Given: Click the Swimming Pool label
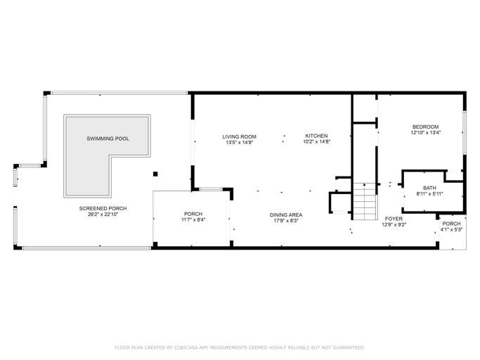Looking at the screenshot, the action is (x=108, y=139).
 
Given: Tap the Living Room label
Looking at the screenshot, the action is (x=239, y=136).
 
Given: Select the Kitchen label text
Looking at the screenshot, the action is (x=316, y=136).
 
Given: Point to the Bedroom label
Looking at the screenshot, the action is (x=425, y=127).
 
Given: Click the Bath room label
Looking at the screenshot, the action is (x=429, y=188).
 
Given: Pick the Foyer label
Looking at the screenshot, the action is (x=394, y=219).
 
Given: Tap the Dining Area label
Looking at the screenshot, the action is (x=286, y=214).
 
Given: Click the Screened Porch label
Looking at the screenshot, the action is (x=103, y=208).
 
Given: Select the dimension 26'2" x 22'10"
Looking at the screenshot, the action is (x=103, y=214).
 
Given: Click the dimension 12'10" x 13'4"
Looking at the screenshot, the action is (x=425, y=133).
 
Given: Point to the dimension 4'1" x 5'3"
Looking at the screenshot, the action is (x=451, y=229).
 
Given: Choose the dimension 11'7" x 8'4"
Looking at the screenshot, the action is (x=193, y=219).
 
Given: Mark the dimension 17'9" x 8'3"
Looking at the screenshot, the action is (x=286, y=221).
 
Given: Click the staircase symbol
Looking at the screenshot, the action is (x=364, y=201).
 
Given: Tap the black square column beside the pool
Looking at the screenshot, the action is (x=155, y=174).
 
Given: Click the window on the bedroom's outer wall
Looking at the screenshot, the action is (x=464, y=132).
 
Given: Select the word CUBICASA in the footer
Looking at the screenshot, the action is (x=186, y=347).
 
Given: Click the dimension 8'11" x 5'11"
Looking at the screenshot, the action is (x=429, y=193).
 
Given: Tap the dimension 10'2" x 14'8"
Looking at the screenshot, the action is (x=316, y=141).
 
